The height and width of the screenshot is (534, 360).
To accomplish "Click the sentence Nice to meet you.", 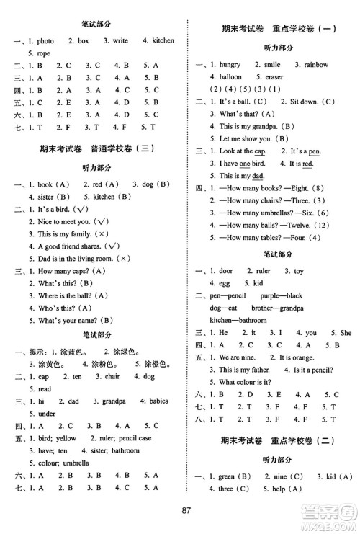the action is (63, 221).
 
